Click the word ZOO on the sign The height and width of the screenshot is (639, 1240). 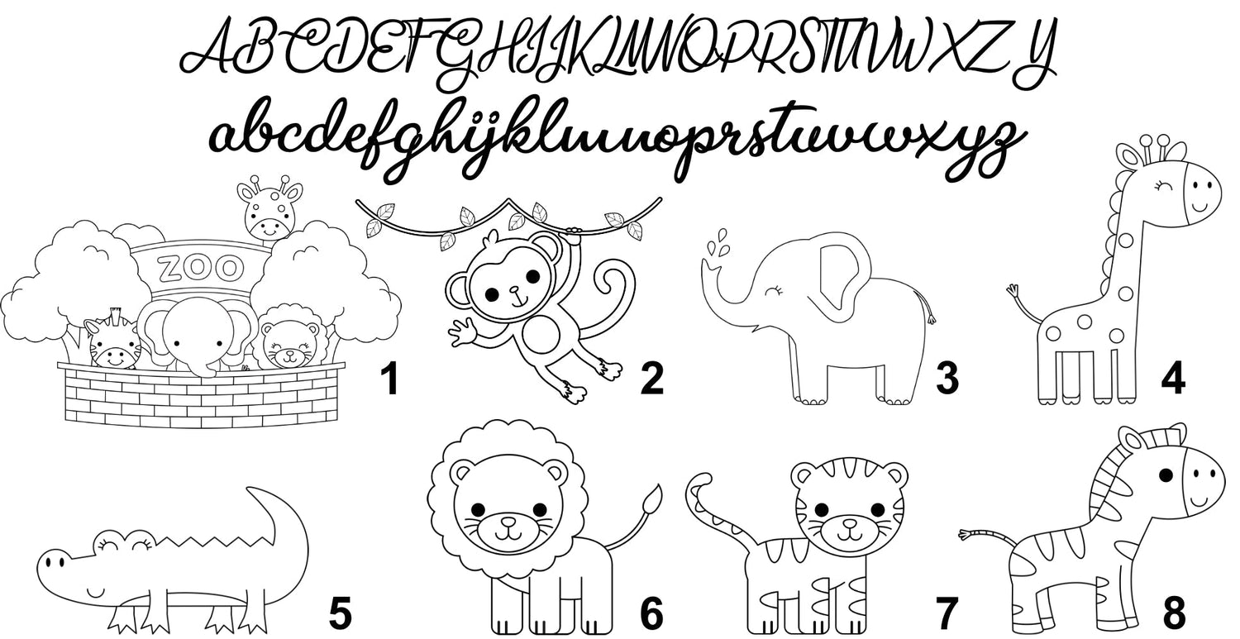click(200, 268)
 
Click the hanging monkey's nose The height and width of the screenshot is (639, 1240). click(514, 289)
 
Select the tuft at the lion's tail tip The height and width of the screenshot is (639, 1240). click(653, 498)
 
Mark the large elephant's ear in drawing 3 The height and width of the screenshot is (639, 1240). click(842, 283)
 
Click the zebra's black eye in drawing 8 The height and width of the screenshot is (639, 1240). click(1166, 475)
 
